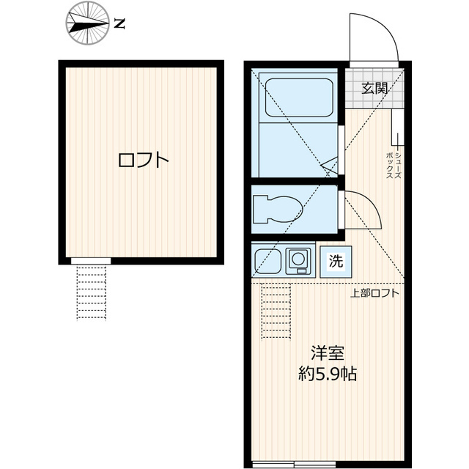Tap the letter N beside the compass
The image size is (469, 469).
119,23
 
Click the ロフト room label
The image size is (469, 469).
144,160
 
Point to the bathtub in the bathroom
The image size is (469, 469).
298,97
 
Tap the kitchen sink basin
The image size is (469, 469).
265,259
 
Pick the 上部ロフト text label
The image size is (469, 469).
374,294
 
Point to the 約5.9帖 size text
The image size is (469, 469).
328,374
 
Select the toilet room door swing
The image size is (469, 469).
363,209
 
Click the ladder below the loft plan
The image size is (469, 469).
92,292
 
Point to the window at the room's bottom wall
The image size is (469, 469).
294,463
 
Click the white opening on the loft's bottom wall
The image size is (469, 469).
91,261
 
